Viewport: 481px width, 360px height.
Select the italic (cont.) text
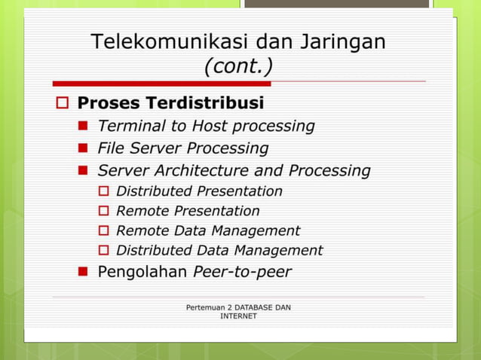click(238, 67)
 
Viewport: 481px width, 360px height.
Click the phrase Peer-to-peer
click(242, 272)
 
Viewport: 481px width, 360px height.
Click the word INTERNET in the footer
click(238, 316)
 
